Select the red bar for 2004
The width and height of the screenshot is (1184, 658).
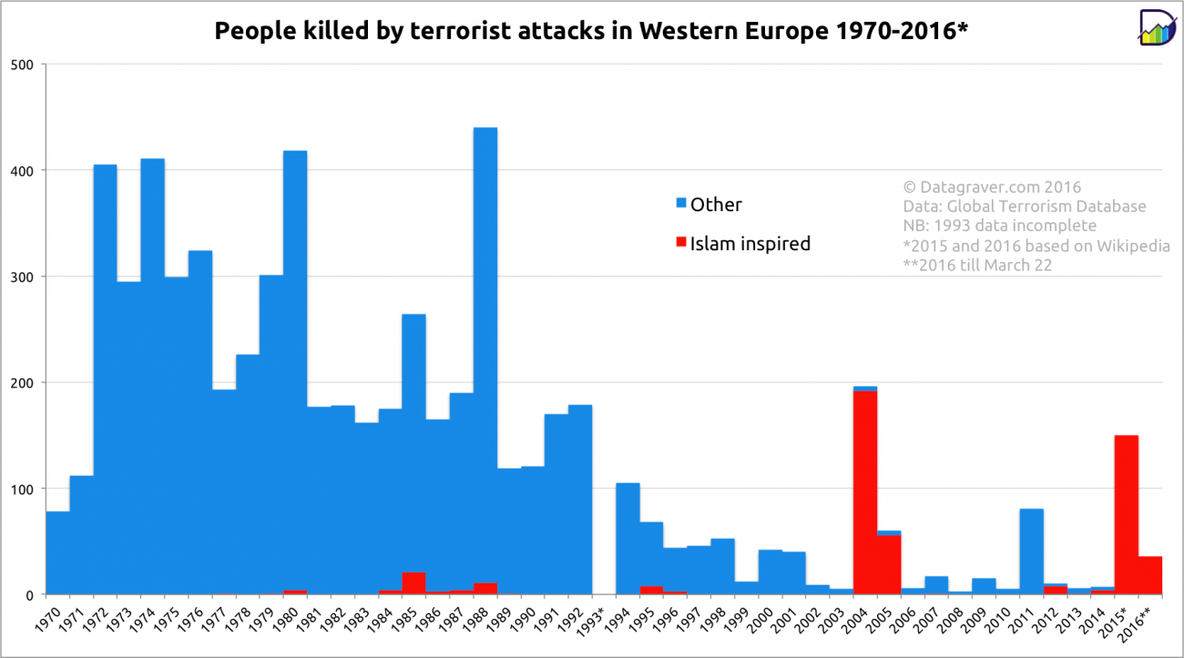[865, 491]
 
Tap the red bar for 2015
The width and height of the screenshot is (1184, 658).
[1127, 514]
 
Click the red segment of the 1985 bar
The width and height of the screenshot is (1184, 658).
[413, 583]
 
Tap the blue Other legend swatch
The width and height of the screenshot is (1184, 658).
[679, 205]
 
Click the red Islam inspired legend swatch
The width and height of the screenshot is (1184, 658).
[679, 243]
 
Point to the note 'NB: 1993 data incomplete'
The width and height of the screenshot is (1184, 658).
[999, 226]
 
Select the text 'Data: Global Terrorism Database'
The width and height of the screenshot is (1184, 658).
[1025, 207]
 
